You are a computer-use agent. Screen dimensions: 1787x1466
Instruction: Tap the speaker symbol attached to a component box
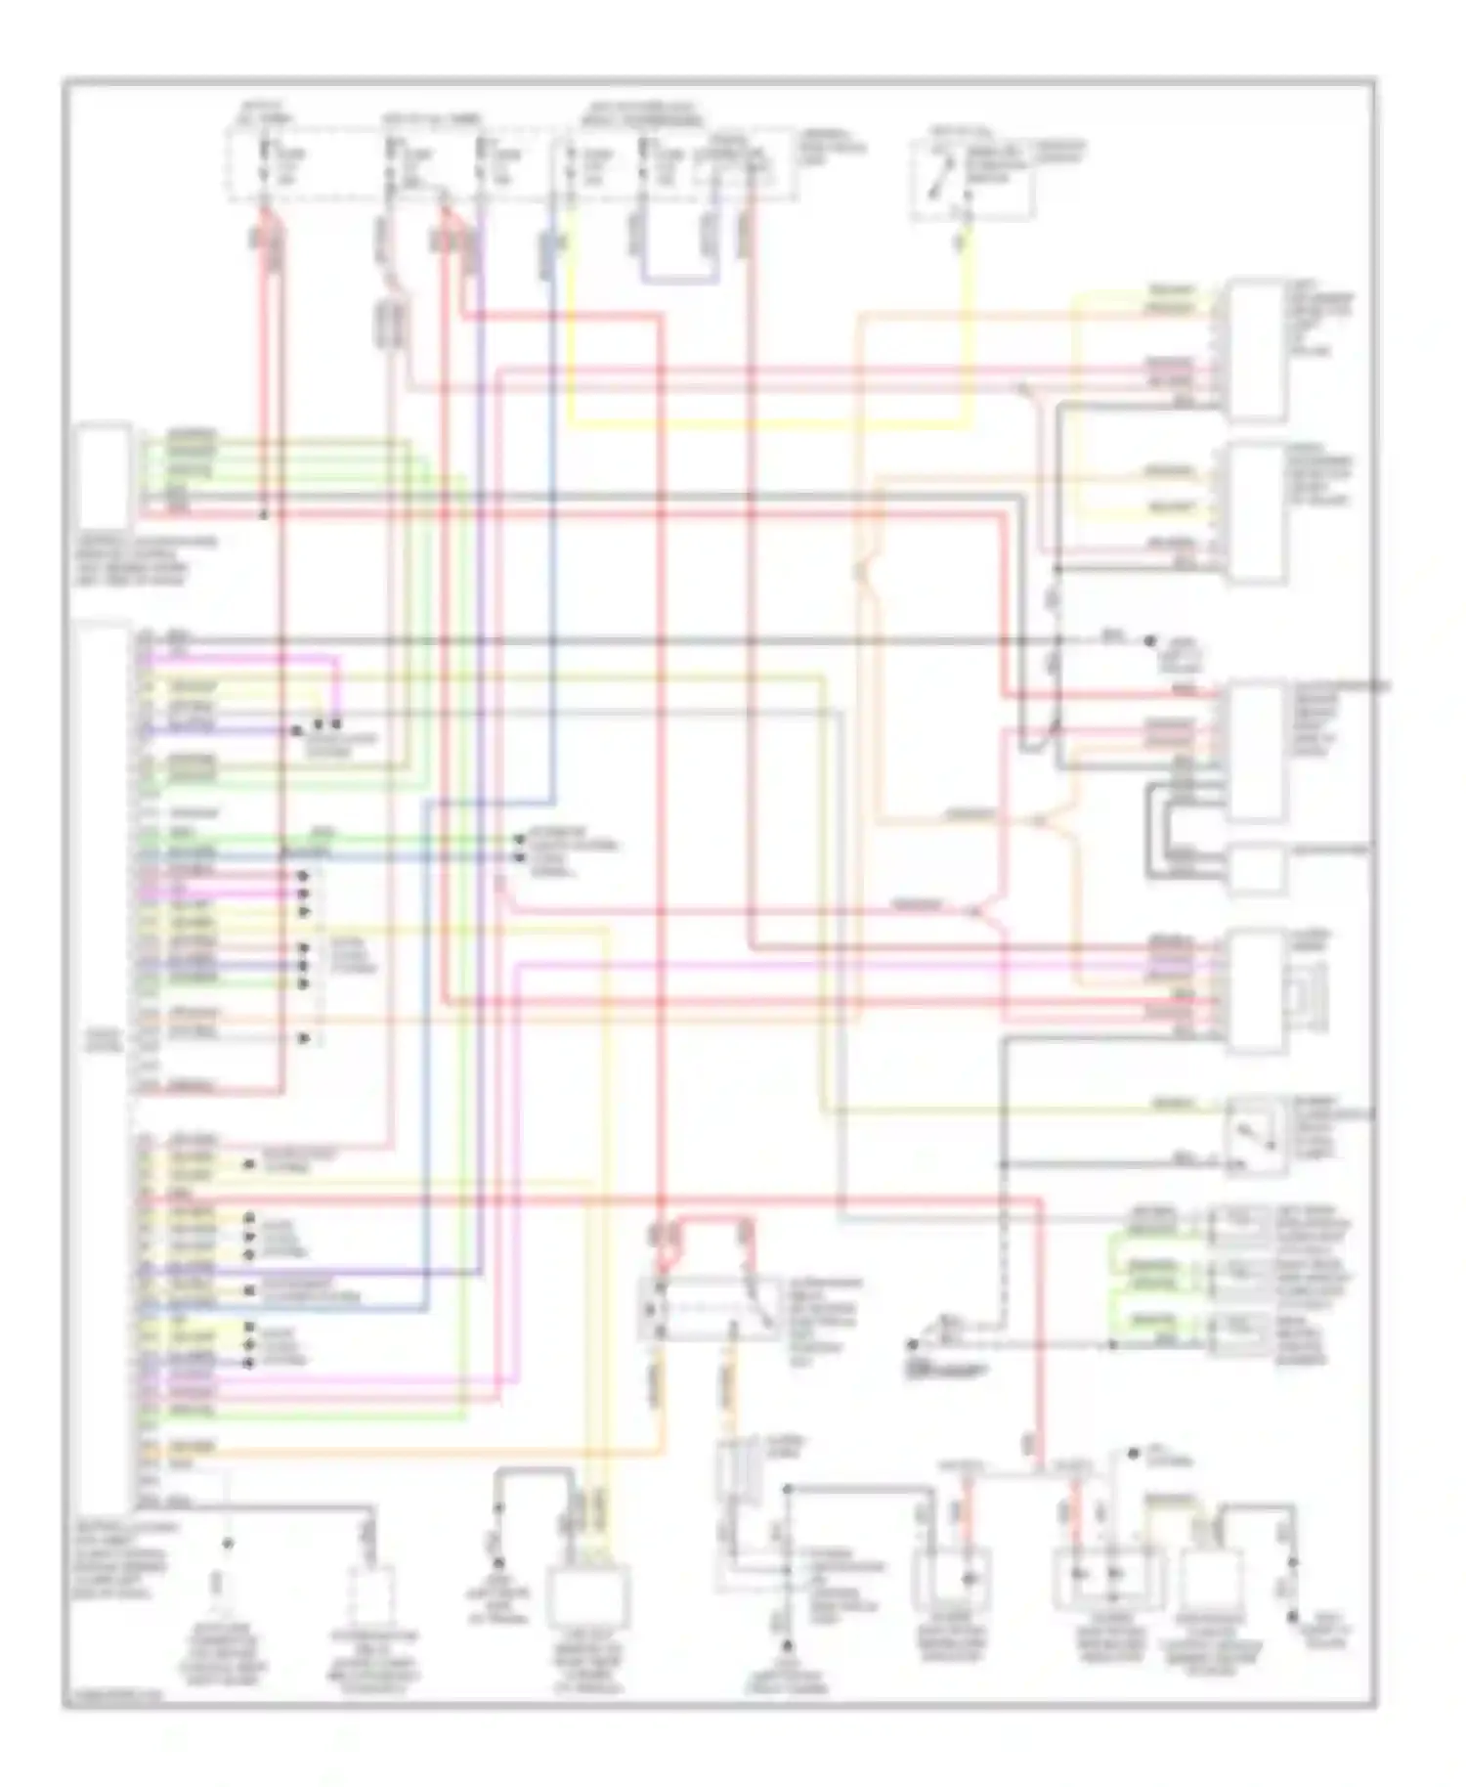pyautogui.click(x=1307, y=993)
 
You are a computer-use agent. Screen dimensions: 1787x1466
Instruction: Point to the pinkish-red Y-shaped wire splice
pyautogui.click(x=980, y=911)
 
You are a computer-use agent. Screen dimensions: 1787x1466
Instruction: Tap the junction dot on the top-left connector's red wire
pyautogui.click(x=262, y=512)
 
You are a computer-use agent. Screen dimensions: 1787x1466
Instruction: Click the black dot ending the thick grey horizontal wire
pyautogui.click(x=1149, y=641)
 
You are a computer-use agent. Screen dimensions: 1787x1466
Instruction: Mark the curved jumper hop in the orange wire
pyautogui.click(x=862, y=572)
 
